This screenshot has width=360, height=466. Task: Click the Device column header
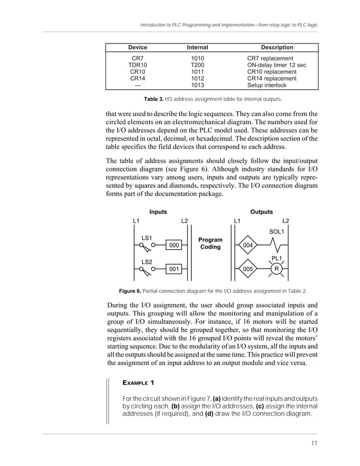[x=137, y=47]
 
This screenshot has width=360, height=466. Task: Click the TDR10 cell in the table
[x=137, y=65]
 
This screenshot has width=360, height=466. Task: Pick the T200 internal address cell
[x=197, y=65]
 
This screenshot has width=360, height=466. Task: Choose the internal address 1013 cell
[x=197, y=86]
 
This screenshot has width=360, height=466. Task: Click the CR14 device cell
[x=137, y=79]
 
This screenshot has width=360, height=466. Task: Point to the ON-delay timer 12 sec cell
[x=276, y=65]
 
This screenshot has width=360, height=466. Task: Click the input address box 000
[x=174, y=245]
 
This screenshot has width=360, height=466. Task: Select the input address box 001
[x=174, y=270]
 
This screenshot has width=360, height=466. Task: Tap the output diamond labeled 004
[x=248, y=245]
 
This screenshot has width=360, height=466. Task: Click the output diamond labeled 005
[x=248, y=270]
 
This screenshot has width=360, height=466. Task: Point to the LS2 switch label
[x=146, y=262]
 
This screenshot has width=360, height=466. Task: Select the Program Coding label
[x=210, y=244]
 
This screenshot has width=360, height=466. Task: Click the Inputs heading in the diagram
[x=158, y=212]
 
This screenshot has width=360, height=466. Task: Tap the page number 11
[x=314, y=443]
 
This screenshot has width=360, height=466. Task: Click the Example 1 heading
[x=138, y=383]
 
